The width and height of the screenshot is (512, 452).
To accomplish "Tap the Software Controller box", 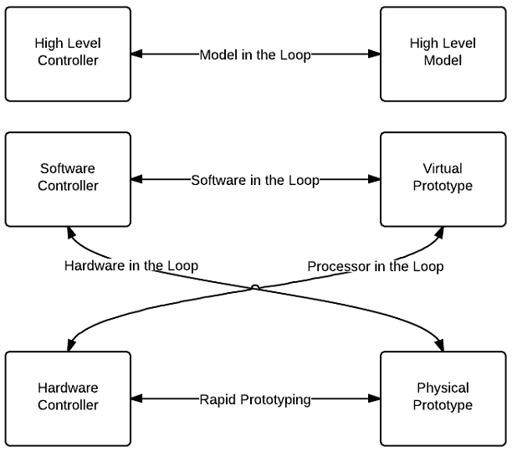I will [x=68, y=178].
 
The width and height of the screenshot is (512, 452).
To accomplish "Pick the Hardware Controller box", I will [x=68, y=398].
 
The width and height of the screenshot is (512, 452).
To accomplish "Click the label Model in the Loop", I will [x=255, y=54].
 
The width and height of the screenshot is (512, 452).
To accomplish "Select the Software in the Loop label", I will [x=255, y=179].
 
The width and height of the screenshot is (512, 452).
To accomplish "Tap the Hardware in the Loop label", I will [x=131, y=266].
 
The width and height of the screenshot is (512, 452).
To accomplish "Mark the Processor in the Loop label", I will [x=376, y=266].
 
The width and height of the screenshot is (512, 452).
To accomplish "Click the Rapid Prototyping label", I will [x=255, y=399].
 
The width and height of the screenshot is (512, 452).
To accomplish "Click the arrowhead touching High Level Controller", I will [x=137, y=54].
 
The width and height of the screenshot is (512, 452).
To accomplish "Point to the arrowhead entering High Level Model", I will [x=374, y=54].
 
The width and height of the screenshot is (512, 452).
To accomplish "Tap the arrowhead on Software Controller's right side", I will [x=137, y=179].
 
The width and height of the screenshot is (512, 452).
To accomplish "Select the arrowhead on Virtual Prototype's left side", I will [x=374, y=179].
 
